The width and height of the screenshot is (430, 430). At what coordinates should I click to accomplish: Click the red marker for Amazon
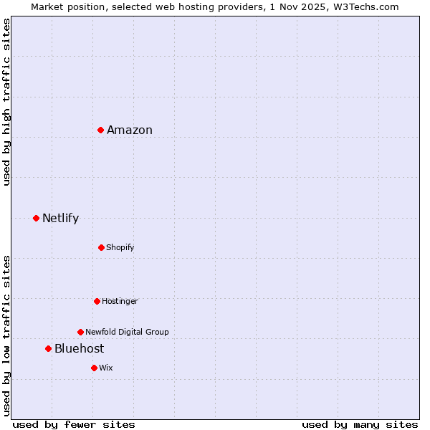101,130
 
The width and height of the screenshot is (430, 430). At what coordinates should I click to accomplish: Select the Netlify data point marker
36,218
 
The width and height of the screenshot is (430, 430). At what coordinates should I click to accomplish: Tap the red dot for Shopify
101,247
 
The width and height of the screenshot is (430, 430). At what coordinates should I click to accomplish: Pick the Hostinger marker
97,301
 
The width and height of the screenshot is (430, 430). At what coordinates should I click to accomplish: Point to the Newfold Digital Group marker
80,332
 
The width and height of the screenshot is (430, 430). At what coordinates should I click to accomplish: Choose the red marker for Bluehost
48,348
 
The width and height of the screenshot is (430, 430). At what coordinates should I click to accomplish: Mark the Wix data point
94,368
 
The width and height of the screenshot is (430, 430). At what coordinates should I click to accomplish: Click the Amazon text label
130,130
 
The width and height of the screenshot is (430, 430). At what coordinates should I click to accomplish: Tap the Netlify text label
60,218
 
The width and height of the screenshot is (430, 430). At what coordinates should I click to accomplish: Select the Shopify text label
120,247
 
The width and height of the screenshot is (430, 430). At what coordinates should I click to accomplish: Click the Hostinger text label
120,301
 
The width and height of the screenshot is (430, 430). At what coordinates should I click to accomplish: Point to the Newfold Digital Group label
127,332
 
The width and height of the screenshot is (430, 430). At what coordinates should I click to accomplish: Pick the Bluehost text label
79,348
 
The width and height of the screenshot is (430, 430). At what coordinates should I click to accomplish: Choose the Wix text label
106,368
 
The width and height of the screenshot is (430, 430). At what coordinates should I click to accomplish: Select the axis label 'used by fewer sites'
74,424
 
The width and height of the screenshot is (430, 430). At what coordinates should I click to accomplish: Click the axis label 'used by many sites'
360,424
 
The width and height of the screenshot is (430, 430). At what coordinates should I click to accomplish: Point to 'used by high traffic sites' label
6,102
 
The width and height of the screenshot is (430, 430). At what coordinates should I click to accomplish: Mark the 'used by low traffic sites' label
6,335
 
